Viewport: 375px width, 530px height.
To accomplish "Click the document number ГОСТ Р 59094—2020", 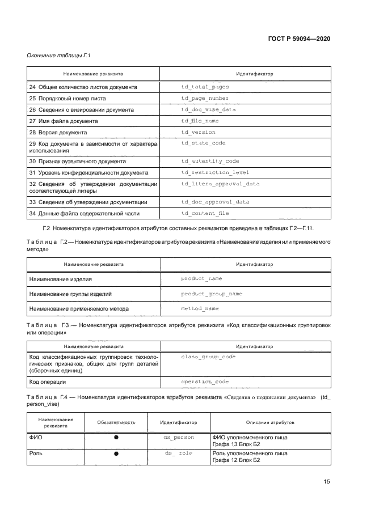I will tap(299, 39).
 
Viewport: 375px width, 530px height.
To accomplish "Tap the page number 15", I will tap(327, 482).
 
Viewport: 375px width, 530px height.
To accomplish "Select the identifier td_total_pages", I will tap(205, 87).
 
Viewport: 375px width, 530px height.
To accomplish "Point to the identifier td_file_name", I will tap(200, 121).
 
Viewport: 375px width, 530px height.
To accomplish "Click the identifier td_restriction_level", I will tap(215, 172).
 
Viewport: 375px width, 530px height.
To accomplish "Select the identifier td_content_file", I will tap(205, 213).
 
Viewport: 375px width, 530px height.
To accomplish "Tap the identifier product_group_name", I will tap(211, 294).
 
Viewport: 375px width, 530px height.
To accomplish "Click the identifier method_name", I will tap(200, 308).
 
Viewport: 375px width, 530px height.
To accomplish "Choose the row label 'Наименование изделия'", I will tap(60, 279).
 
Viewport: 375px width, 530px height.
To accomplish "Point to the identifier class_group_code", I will tap(208, 357).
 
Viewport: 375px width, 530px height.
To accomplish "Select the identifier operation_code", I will tap(205, 383).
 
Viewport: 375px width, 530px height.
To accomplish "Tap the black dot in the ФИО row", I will tap(116, 438).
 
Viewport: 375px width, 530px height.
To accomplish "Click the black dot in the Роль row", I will tap(116, 454).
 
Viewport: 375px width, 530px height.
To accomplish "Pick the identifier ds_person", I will tap(178, 438).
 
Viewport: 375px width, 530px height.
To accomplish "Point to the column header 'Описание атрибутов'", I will tap(270, 422).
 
